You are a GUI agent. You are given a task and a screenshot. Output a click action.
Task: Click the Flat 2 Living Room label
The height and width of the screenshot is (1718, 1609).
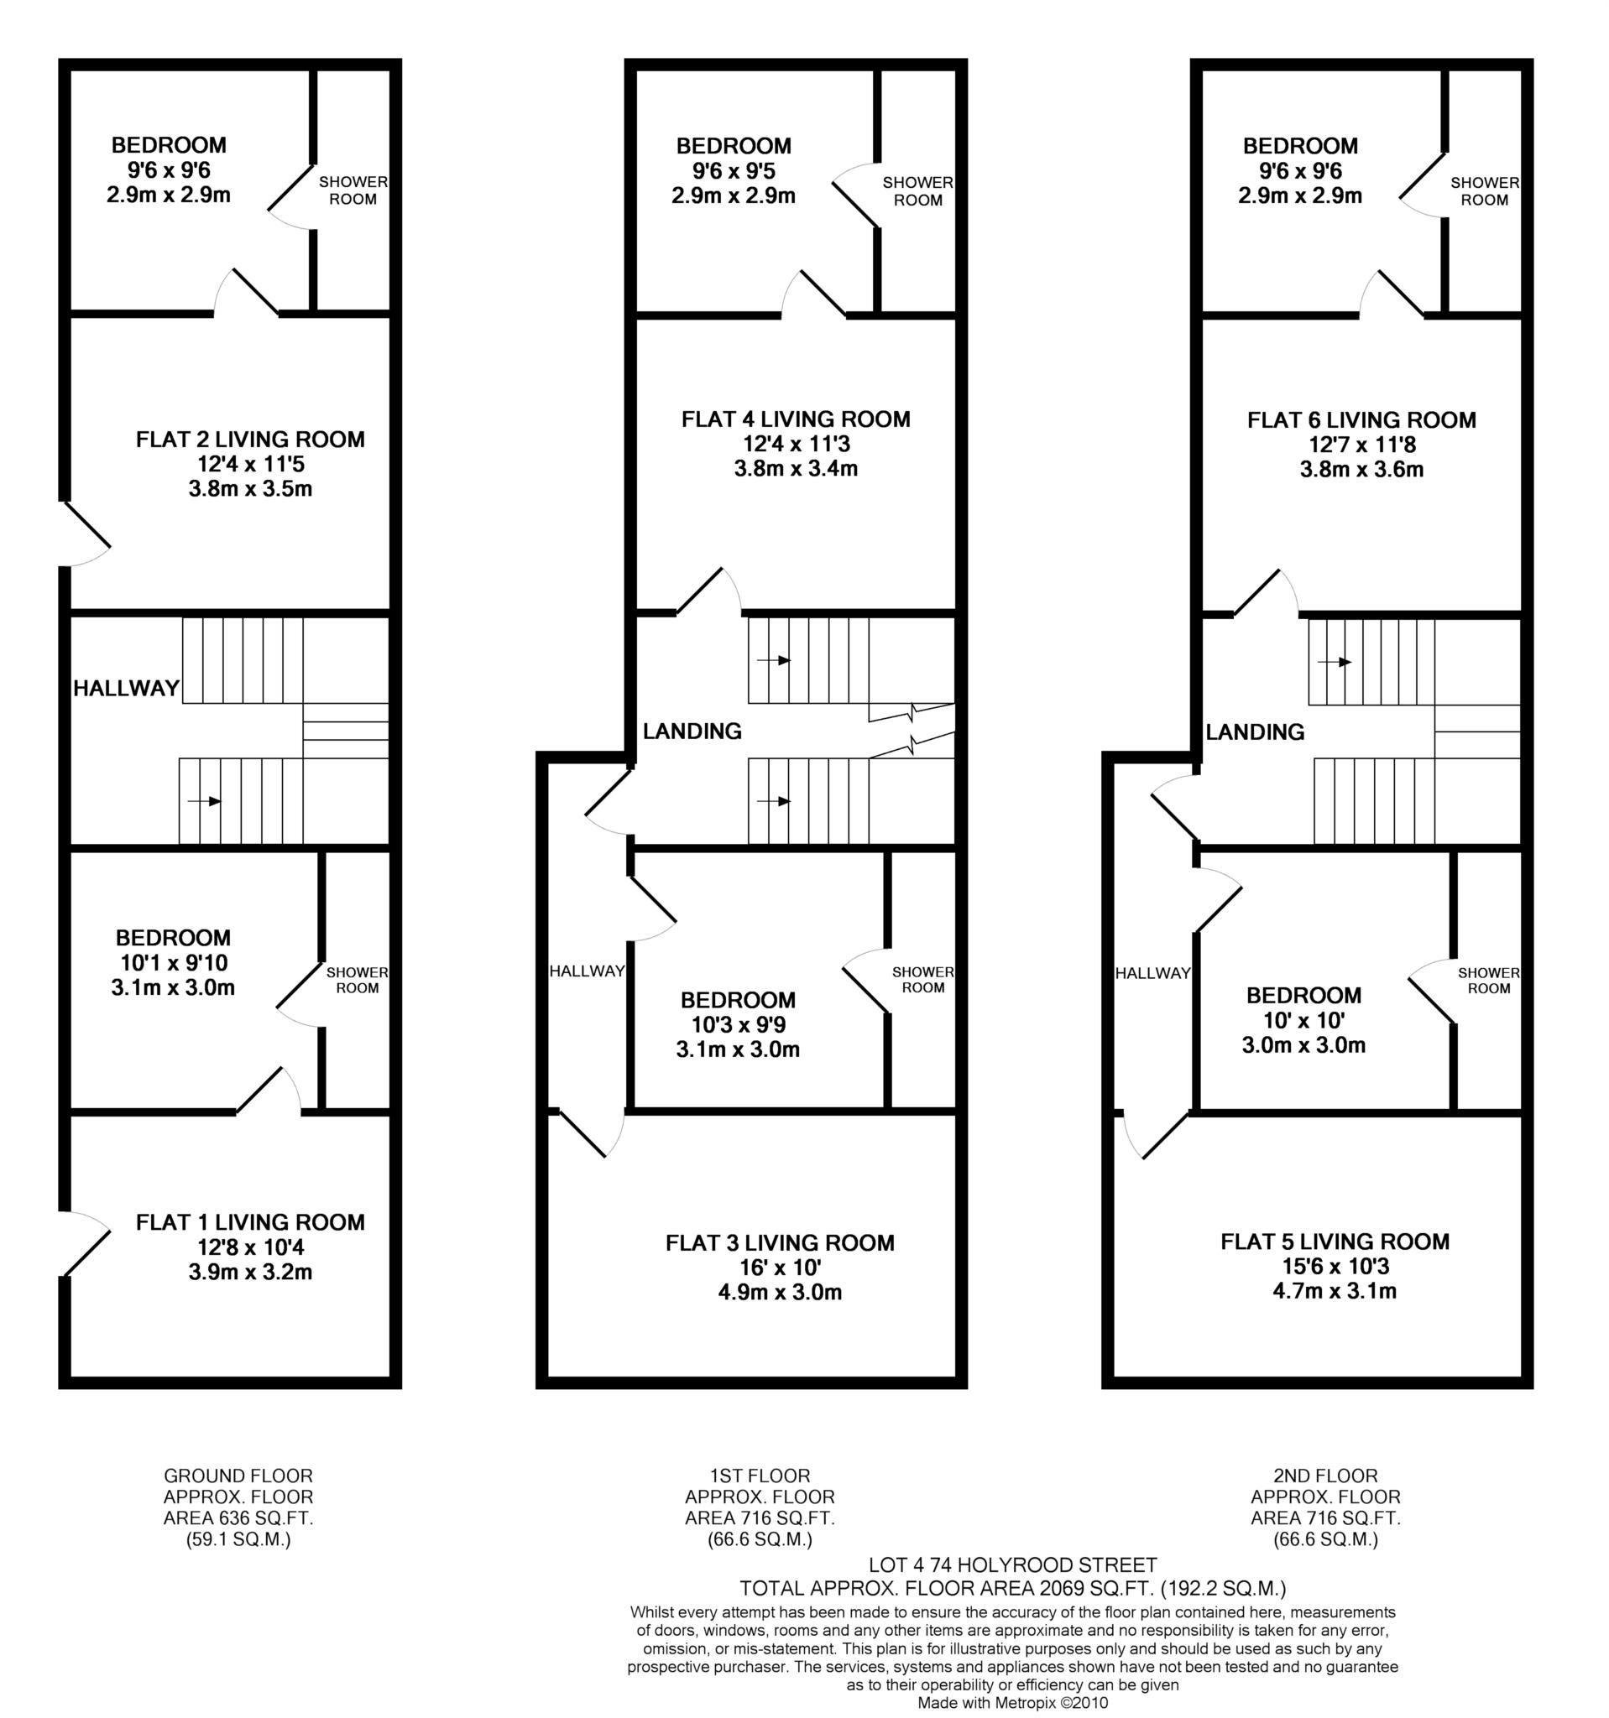[250, 440]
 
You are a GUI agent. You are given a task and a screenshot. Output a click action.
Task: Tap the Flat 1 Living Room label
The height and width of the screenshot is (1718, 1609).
[250, 1222]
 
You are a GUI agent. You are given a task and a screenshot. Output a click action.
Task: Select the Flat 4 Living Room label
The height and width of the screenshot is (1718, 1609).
[796, 420]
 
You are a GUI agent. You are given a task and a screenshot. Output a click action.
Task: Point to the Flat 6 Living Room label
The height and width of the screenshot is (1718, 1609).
[1361, 421]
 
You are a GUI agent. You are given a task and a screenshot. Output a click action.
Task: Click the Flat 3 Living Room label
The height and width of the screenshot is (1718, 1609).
[779, 1242]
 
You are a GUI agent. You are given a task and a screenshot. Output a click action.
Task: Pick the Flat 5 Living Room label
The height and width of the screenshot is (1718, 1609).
[1334, 1242]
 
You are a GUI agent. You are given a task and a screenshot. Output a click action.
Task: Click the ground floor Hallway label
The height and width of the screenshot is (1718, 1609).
[126, 688]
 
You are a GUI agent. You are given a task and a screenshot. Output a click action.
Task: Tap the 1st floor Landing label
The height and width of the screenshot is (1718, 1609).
[692, 731]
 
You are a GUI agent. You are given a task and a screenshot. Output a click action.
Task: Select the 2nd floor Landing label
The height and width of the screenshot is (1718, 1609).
[1255, 732]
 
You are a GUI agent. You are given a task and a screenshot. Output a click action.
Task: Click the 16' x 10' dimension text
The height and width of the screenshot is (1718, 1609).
[779, 1268]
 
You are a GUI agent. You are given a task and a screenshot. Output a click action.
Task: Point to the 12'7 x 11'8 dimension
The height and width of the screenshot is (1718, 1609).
[1361, 445]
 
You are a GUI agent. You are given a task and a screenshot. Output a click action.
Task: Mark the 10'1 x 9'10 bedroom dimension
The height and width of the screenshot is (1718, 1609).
[173, 963]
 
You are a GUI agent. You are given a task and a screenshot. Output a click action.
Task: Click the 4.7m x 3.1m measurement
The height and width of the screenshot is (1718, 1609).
[1334, 1291]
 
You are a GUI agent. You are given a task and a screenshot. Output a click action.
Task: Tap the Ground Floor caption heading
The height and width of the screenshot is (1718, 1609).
[238, 1476]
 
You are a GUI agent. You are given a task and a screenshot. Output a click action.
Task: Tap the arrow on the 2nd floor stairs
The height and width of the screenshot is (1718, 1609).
[1334, 662]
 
